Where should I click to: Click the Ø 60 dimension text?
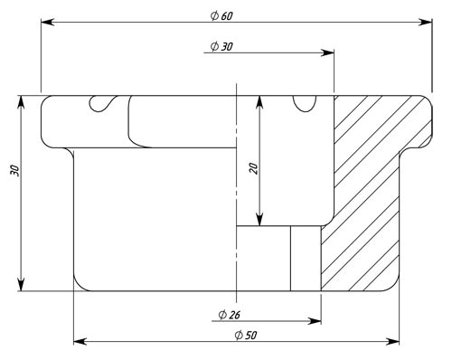(221, 15)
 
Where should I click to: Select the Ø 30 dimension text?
(221, 46)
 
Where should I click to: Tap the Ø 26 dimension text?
(230, 315)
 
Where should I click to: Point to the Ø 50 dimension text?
(246, 335)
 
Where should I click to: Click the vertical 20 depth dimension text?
(254, 168)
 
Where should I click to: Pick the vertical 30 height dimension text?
(14, 171)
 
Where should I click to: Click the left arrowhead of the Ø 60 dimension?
(48, 22)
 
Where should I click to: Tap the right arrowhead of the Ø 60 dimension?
(425, 22)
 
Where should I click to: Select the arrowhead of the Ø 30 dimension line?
(327, 52)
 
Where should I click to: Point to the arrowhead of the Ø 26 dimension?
(315, 321)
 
